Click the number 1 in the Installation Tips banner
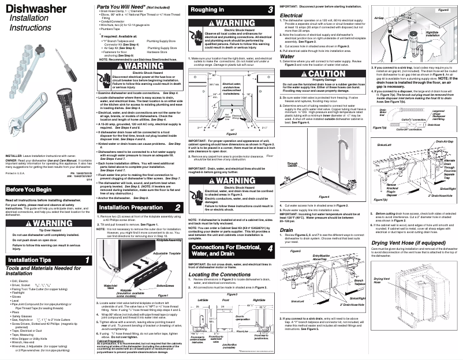pyautogui.click(x=86, y=260)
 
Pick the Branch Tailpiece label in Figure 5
pyautogui.click(x=343, y=284)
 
